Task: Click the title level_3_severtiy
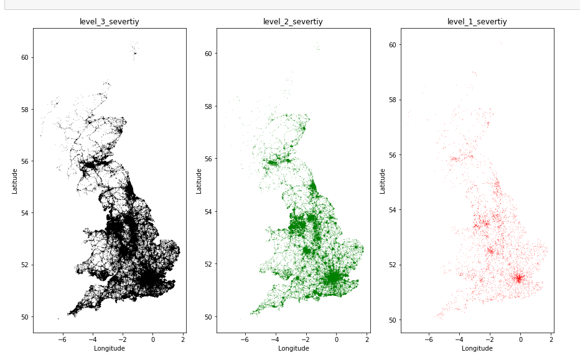[x=110, y=22]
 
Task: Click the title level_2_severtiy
[x=293, y=22]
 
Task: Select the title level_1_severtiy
[x=477, y=22]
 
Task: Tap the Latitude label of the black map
[x=14, y=180]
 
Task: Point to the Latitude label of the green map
[x=199, y=180]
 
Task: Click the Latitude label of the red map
[x=383, y=180]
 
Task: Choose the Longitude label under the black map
[x=110, y=349]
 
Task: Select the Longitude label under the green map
[x=293, y=349]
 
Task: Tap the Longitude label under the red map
[x=477, y=349]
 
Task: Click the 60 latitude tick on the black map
[x=25, y=57]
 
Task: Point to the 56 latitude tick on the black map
[x=25, y=161]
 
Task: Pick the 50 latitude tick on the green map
[x=209, y=316]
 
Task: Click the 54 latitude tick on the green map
[x=209, y=211]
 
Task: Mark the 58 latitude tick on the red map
[x=393, y=100]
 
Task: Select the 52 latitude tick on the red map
[x=393, y=265]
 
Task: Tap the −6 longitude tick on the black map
[x=62, y=340]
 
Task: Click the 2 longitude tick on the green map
[x=367, y=340]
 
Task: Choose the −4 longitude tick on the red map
[x=459, y=340]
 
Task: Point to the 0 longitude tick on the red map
[x=520, y=340]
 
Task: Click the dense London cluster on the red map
[x=518, y=278]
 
